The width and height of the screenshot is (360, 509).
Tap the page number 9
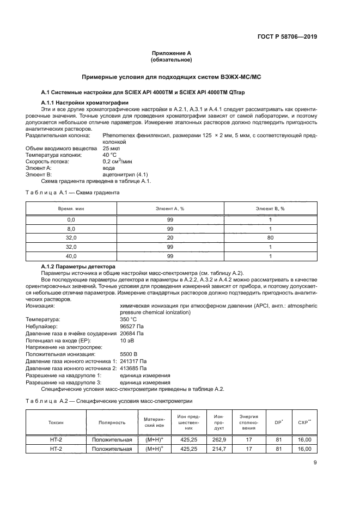click(x=315, y=463)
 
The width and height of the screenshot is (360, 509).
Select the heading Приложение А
click(x=172, y=53)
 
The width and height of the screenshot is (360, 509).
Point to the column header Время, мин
click(x=71, y=208)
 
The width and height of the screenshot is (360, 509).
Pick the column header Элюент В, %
click(x=271, y=208)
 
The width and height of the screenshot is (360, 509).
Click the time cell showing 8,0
click(x=71, y=229)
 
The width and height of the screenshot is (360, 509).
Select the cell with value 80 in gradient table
click(x=271, y=238)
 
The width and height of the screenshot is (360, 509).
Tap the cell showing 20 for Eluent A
click(x=170, y=238)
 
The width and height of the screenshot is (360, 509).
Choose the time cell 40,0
click(x=71, y=256)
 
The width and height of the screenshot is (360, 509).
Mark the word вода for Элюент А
click(x=109, y=168)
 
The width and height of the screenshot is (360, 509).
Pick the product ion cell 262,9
click(x=219, y=439)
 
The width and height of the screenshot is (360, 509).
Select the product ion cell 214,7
click(x=219, y=449)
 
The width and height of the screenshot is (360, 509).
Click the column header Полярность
click(x=112, y=422)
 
